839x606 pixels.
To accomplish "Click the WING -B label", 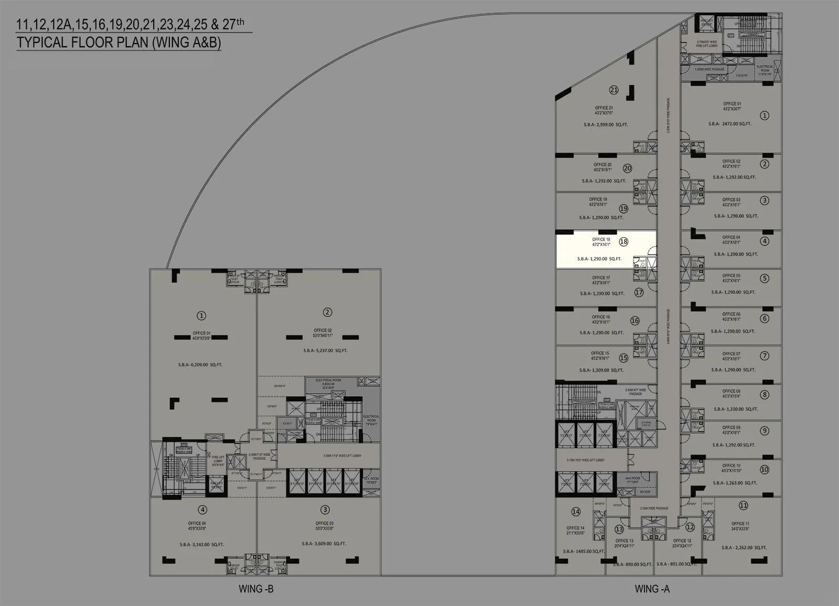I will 256,589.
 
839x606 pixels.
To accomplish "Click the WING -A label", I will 652,589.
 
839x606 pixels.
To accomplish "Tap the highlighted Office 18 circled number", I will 623,242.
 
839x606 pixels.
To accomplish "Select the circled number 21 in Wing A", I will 614,90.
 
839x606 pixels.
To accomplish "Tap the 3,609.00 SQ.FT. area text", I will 324,544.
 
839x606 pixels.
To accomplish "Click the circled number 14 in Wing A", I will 576,512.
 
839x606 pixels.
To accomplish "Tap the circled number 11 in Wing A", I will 743,506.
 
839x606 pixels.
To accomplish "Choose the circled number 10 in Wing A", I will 764,470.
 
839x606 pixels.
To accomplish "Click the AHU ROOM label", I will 632,479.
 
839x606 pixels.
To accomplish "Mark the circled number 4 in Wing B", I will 202,509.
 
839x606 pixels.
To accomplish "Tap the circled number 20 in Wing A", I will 627,168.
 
